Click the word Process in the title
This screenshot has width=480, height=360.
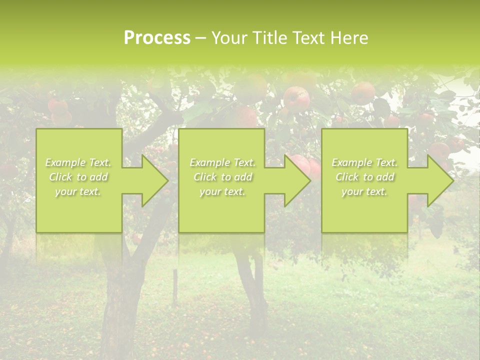coord(157,38)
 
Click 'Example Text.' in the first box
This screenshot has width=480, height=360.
coord(78,162)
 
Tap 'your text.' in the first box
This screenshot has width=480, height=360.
coord(78,191)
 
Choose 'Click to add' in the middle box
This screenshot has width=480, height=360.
coord(222,177)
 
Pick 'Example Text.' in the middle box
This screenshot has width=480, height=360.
coord(222,162)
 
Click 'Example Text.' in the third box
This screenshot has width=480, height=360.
coord(364,162)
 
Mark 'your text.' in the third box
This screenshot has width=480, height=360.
coord(364,191)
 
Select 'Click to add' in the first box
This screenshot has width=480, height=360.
coord(78,177)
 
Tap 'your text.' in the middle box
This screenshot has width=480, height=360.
coord(222,191)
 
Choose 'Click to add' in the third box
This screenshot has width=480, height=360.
coord(364,177)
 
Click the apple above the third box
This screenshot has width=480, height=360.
coord(363,93)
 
